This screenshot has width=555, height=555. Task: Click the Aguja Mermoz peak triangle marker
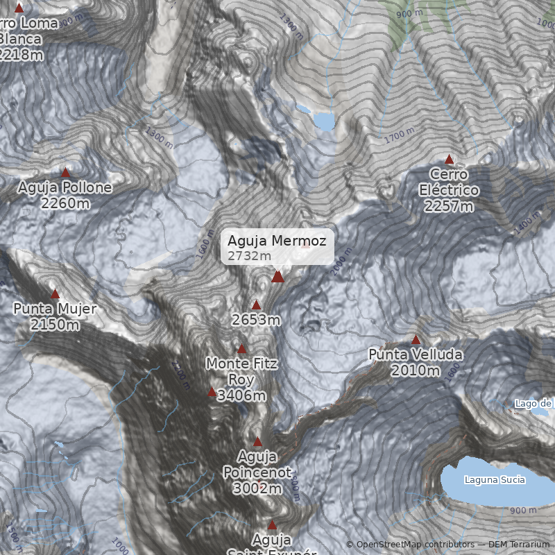(x=277, y=277)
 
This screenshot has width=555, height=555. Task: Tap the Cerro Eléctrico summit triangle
(x=449, y=160)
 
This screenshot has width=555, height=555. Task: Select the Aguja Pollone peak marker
(x=66, y=173)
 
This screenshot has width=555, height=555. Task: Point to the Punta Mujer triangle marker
(x=55, y=293)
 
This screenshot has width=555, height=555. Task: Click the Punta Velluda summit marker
(x=416, y=340)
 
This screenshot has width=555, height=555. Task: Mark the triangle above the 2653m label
(x=256, y=305)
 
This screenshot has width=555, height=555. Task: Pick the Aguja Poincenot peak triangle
(x=257, y=442)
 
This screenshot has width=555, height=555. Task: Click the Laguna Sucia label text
(x=495, y=479)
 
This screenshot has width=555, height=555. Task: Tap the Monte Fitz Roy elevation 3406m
(x=241, y=396)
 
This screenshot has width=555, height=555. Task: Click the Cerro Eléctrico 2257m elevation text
(x=449, y=206)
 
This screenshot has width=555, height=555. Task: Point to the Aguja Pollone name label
(x=65, y=188)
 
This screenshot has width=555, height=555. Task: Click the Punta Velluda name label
(x=415, y=355)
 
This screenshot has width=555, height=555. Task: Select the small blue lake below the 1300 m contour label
(x=324, y=121)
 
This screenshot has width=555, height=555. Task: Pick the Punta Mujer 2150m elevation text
(x=55, y=325)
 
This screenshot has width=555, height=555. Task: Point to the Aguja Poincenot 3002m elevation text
(x=257, y=488)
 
